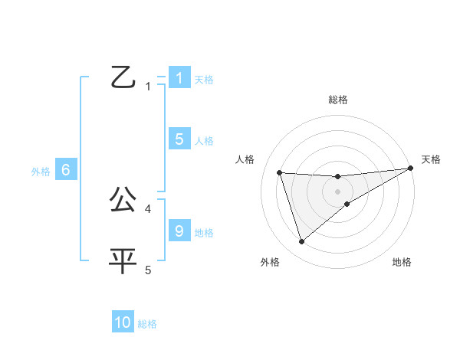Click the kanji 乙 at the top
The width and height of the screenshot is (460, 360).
pyautogui.click(x=123, y=78)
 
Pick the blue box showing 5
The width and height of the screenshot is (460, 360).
pyautogui.click(x=179, y=139)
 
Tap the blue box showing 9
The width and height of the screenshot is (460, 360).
pyautogui.click(x=179, y=231)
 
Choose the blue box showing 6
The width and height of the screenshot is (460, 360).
pyautogui.click(x=66, y=170)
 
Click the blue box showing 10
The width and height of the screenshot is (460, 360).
pyautogui.click(x=123, y=322)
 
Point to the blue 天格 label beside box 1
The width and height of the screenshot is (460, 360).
pyautogui.click(x=204, y=79)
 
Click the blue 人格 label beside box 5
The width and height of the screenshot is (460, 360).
pyautogui.click(x=204, y=141)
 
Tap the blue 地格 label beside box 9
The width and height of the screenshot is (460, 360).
pyautogui.click(x=204, y=233)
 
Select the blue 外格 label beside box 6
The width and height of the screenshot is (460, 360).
pyautogui.click(x=41, y=172)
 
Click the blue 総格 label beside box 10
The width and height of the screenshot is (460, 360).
pyautogui.click(x=147, y=325)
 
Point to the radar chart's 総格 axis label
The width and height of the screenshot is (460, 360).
pyautogui.click(x=338, y=100)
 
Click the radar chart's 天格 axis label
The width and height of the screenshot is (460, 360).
pyautogui.click(x=431, y=159)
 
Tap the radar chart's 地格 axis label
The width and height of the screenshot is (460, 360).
pyautogui.click(x=402, y=263)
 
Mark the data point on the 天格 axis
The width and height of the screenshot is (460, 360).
pyautogui.click(x=410, y=169)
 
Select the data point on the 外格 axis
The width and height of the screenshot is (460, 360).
pyautogui.click(x=301, y=242)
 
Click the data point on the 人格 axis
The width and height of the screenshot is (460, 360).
pyautogui.click(x=280, y=172)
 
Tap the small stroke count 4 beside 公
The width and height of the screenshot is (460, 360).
pyautogui.click(x=148, y=208)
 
